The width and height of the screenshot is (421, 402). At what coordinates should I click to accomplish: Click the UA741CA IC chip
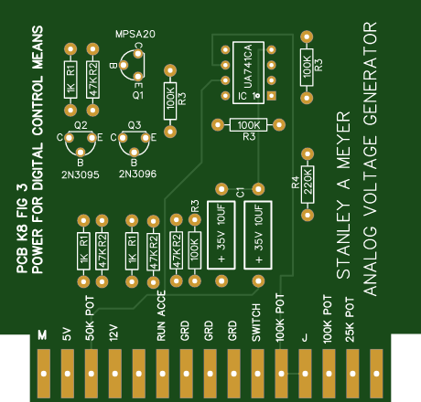point(248,71)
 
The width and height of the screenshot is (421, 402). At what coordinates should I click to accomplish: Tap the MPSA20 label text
point(135,34)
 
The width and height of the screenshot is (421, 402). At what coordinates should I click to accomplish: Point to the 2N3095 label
point(81,172)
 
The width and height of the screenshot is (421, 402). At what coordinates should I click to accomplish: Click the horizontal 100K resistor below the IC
point(248,124)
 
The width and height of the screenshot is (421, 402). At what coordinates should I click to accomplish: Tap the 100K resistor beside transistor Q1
point(169,100)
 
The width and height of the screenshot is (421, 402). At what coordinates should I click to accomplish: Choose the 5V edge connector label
point(66,334)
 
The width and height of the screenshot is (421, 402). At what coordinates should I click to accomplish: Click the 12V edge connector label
point(113,333)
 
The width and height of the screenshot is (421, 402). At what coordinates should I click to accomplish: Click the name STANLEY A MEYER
point(343,196)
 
